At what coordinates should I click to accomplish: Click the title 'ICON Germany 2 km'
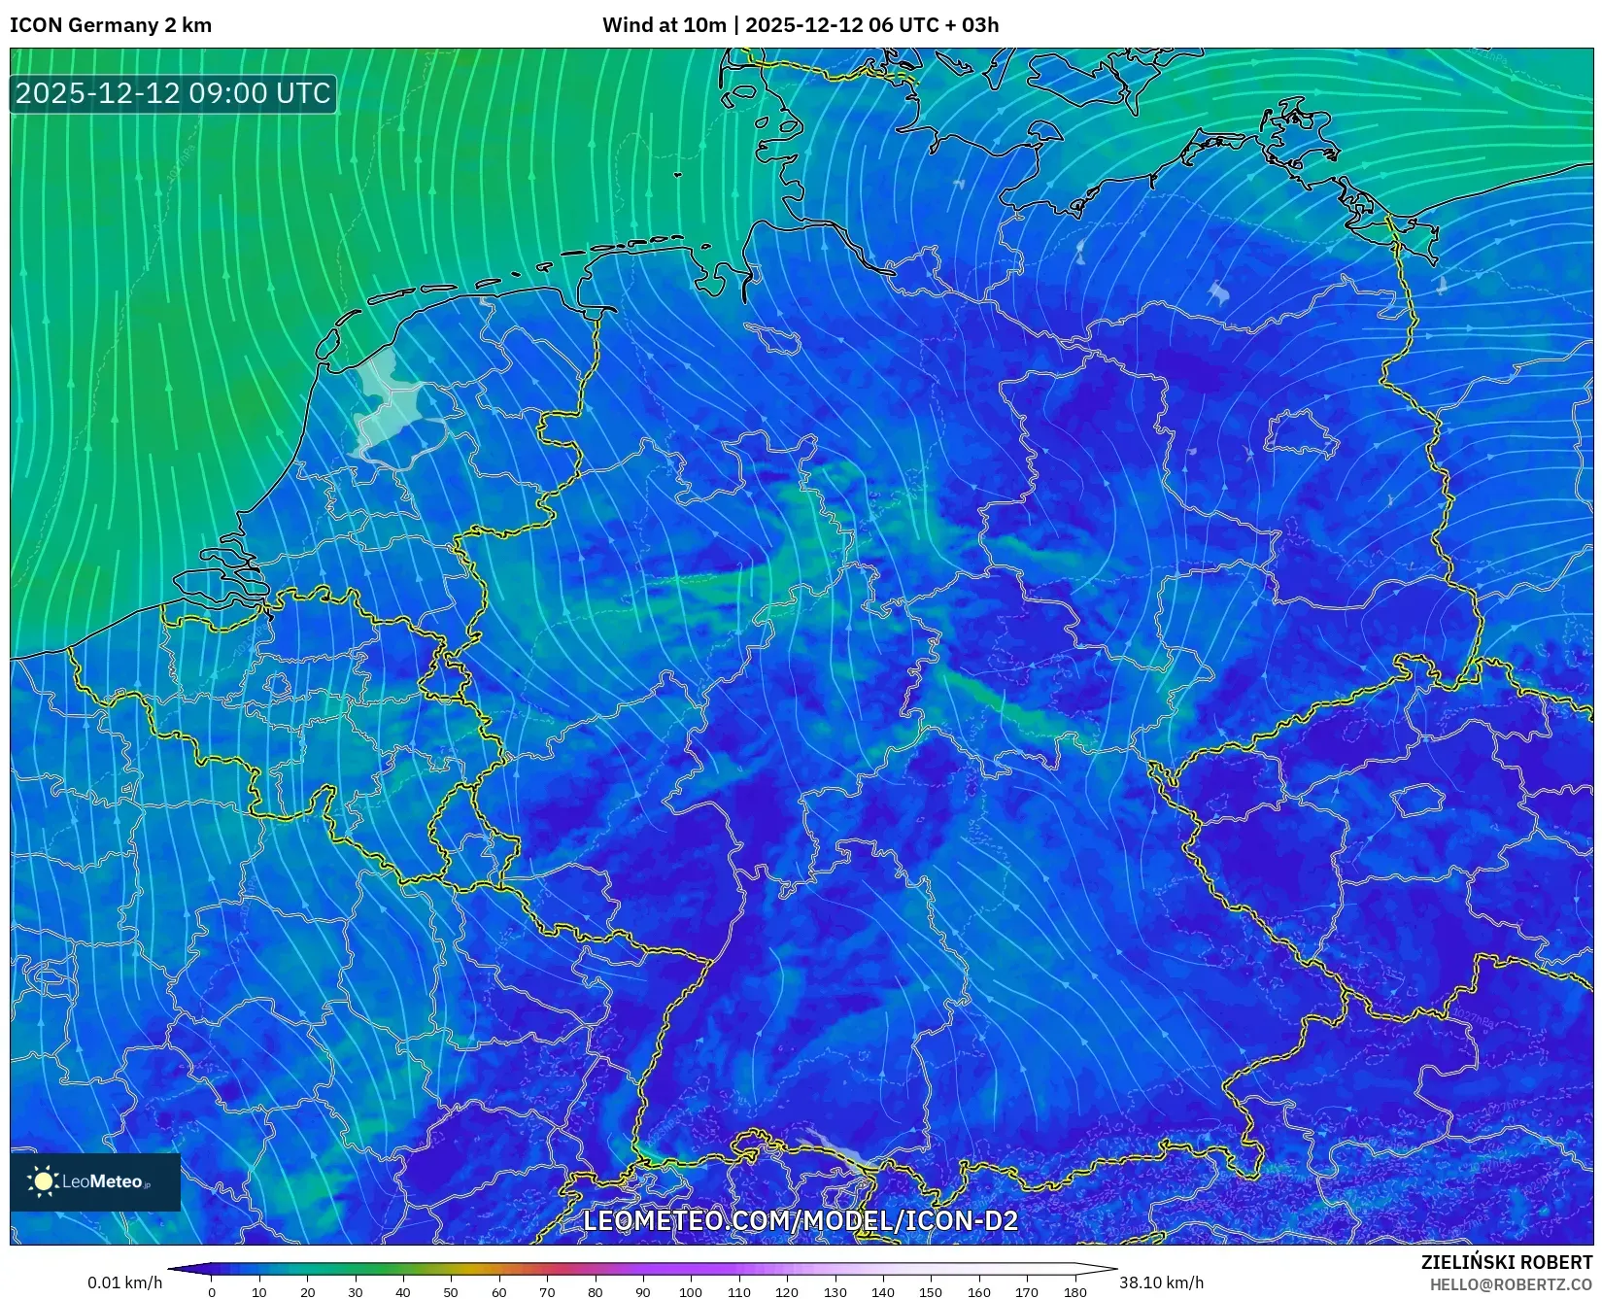pos(110,25)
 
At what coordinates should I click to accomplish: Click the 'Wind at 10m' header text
pos(664,25)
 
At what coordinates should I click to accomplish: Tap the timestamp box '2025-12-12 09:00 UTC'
pos(173,93)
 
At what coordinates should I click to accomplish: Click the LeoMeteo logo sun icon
pos(43,1181)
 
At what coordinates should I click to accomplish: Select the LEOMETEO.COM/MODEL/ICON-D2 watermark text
pos(801,1220)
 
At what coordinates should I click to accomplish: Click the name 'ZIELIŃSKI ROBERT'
pos(1507,1262)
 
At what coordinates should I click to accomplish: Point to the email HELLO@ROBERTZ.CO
pos(1511,1284)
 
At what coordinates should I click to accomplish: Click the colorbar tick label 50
pos(451,1292)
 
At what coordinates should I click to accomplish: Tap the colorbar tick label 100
pos(690,1292)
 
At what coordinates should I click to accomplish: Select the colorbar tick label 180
pos(1074,1292)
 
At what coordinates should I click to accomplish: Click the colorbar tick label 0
pos(212,1292)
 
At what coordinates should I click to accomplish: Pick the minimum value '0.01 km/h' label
pos(125,1282)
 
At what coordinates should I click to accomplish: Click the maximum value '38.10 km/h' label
pos(1161,1282)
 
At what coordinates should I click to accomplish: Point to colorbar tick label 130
pos(835,1292)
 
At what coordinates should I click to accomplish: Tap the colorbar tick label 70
pos(547,1292)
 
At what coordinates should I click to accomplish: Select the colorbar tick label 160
pos(978,1292)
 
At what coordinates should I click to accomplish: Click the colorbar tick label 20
pos(307,1292)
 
